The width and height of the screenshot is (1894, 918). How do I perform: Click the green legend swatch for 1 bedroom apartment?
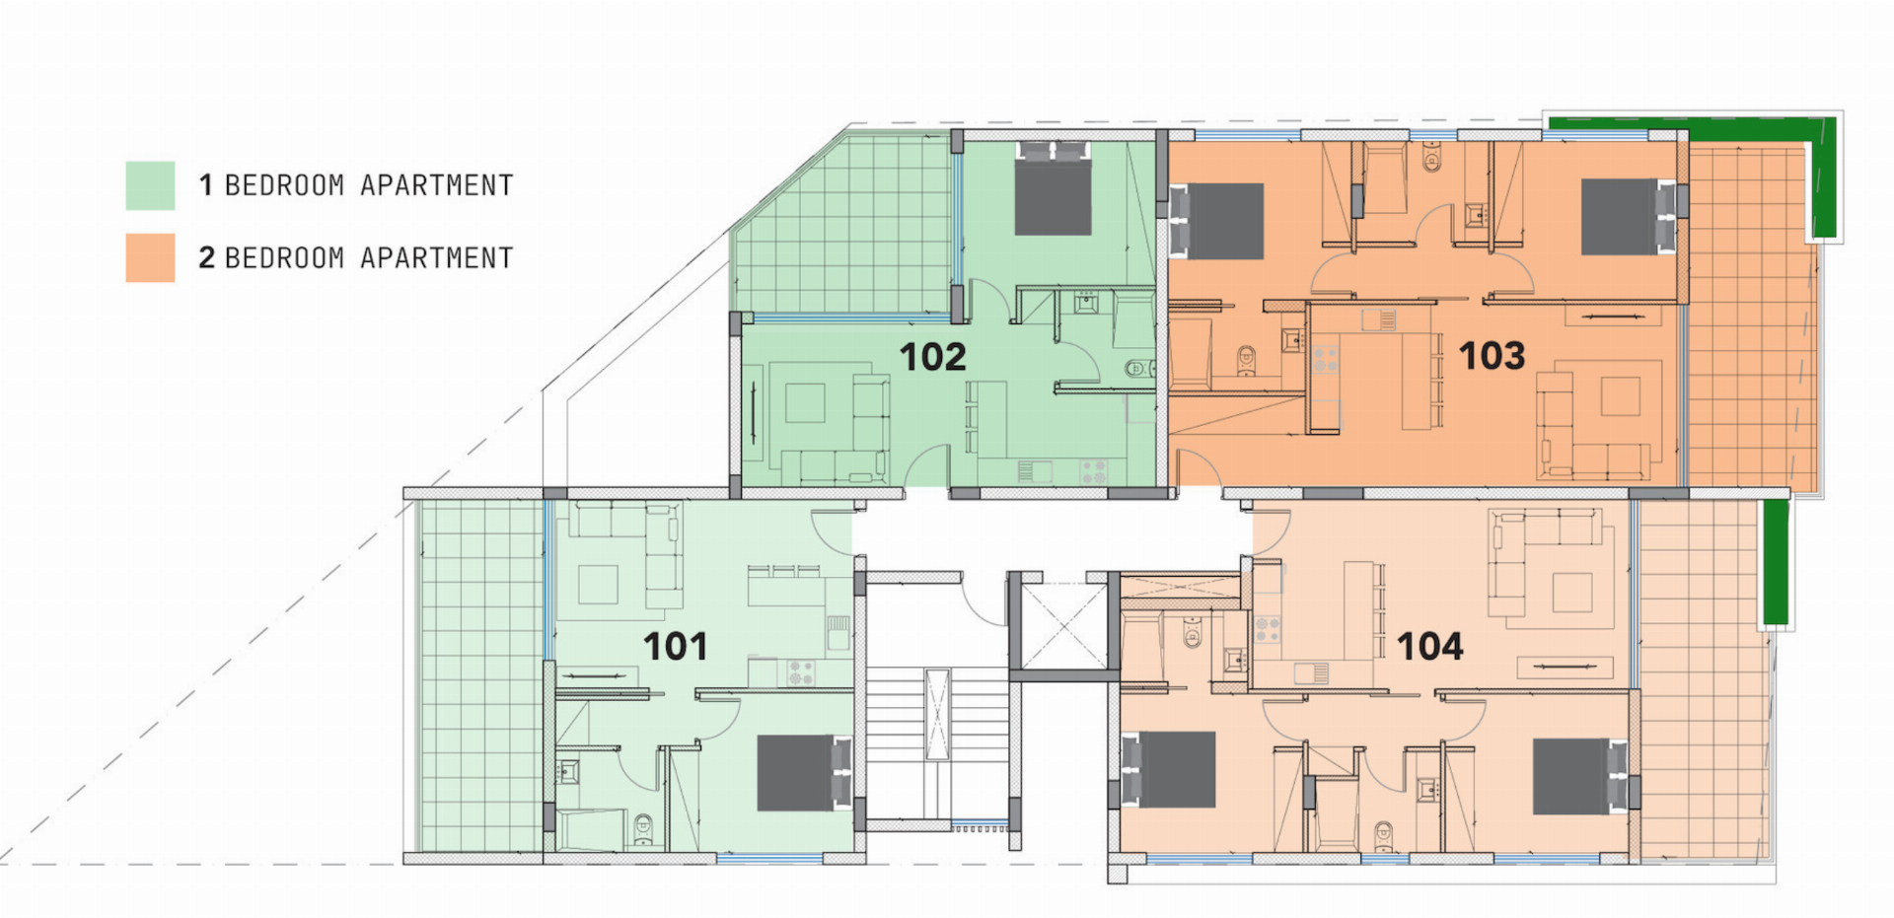[150, 185]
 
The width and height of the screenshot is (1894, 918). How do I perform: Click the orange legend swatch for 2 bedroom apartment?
[150, 258]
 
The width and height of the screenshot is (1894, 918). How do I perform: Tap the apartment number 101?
[676, 647]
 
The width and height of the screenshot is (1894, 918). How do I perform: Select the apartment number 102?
[933, 357]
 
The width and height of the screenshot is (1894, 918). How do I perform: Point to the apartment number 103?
[1493, 356]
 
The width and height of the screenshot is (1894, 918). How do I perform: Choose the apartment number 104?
[1430, 647]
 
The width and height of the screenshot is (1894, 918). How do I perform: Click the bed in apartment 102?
[1054, 188]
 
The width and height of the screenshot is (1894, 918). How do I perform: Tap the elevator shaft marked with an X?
[1063, 626]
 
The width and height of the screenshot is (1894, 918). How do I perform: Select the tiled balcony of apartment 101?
[481, 675]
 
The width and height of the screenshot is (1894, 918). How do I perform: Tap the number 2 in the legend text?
[206, 258]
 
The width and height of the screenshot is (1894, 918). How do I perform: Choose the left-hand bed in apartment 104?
[1169, 770]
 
